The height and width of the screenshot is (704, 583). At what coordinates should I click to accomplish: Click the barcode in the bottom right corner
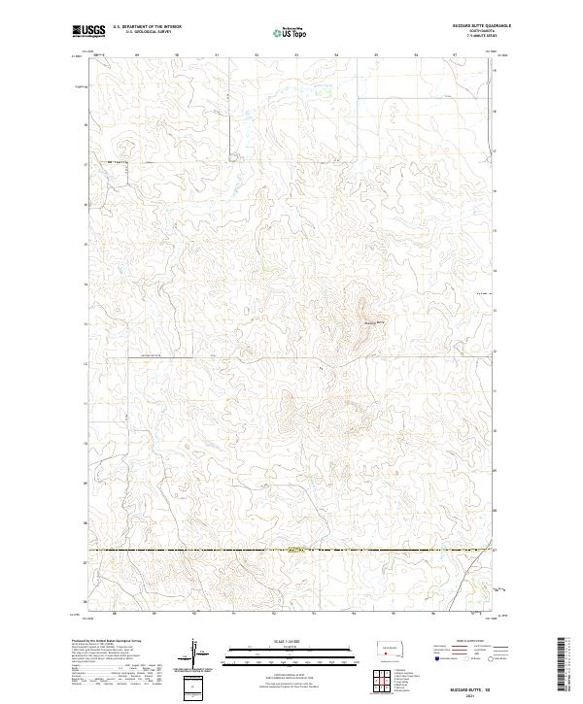pyautogui.click(x=566, y=663)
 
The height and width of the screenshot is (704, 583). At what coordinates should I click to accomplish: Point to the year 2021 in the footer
pyautogui.click(x=483, y=697)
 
